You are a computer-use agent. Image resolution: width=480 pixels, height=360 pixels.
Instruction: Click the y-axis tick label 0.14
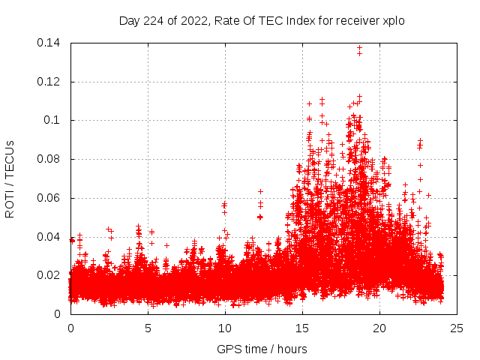point(49,42)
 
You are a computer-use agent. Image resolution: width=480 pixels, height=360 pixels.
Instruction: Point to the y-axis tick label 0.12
point(49,81)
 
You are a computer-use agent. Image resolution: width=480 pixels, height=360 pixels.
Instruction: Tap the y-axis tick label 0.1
point(52,120)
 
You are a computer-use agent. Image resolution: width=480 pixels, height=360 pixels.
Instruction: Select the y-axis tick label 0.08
point(49,159)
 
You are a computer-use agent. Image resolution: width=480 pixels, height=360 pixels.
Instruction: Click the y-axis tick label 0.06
point(49,198)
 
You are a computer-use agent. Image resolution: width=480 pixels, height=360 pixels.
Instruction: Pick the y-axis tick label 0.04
point(49,237)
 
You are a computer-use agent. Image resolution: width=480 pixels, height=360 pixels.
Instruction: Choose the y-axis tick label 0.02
point(49,275)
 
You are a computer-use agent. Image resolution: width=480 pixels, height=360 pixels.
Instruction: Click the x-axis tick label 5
point(148,328)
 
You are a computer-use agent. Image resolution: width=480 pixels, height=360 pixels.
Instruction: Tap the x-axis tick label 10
point(225,328)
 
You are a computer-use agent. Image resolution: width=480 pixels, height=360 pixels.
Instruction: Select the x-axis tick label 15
point(302,328)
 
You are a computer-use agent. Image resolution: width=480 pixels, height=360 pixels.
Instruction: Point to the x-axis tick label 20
point(379,328)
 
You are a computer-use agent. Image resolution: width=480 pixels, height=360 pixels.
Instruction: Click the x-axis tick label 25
point(457,328)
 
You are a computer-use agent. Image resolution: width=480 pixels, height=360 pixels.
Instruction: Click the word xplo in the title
point(394,21)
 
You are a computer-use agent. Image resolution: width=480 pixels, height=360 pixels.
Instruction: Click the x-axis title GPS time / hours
point(262,349)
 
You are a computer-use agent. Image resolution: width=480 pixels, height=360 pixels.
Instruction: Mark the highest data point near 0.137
point(359,48)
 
